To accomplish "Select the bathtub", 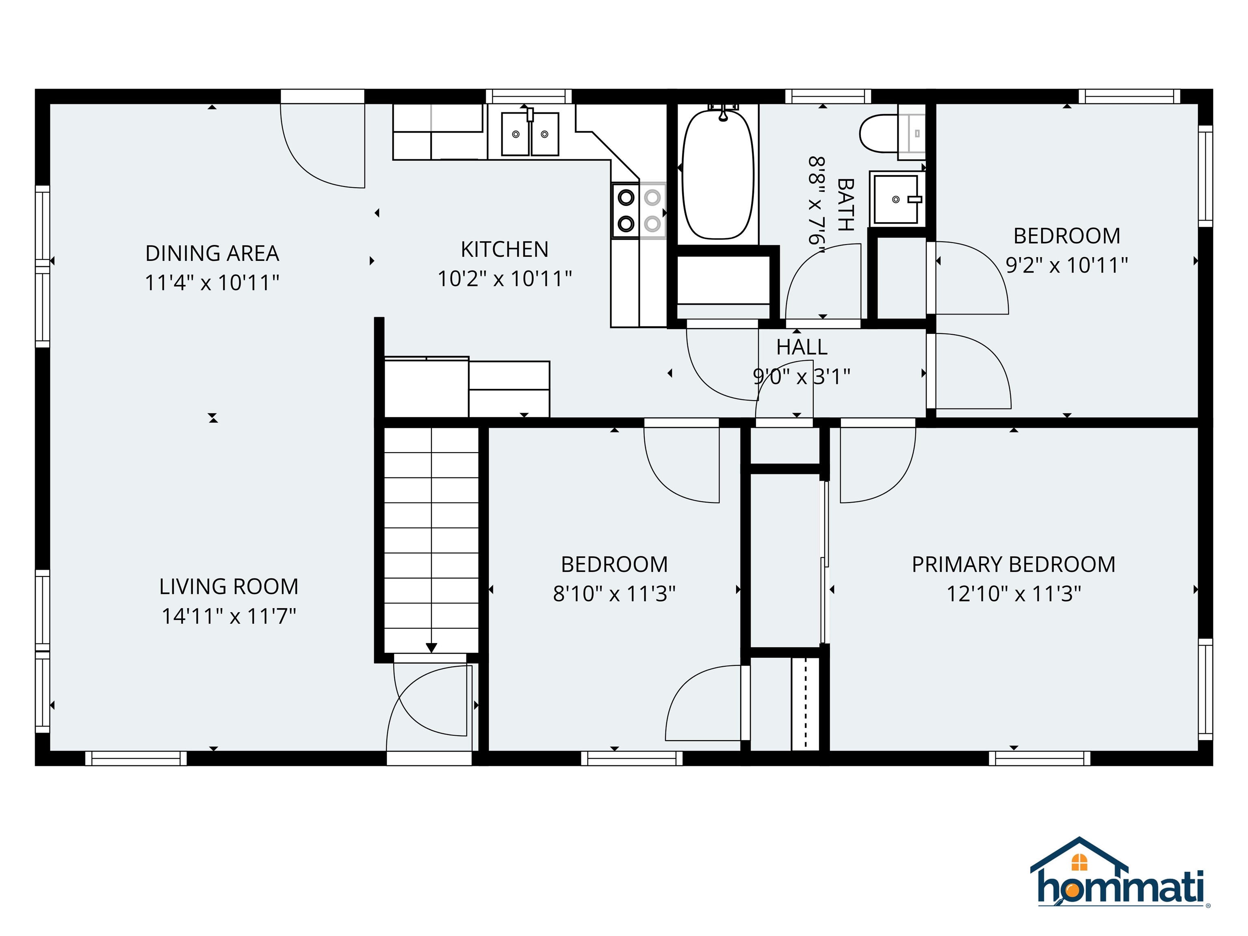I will pos(718,174).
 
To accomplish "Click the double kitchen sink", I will pos(530,134).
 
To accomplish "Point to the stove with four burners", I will pos(639,210).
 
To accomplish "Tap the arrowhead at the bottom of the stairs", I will pos(431,648).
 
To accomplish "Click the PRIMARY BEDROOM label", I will pos(1013,564).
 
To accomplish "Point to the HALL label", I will pos(802,347).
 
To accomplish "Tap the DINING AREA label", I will pos(212,253).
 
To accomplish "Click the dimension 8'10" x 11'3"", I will pos(614,594).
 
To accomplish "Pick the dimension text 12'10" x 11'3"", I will pos(1013,594).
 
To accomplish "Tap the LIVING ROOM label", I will pos(228,587).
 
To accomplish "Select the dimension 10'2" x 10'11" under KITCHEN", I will pos(505,279).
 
